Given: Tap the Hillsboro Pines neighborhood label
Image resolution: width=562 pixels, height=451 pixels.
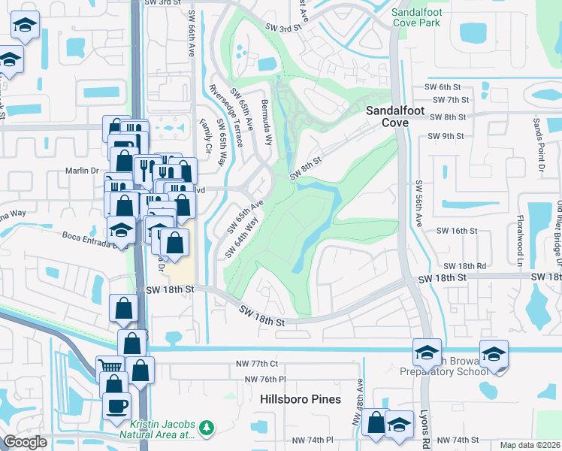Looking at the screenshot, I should (301, 399).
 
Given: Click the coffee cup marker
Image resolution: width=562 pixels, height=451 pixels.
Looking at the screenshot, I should (116, 406).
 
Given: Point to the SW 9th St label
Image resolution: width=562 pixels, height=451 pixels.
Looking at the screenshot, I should (446, 136).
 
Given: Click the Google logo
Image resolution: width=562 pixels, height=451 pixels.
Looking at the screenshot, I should (25, 442).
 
